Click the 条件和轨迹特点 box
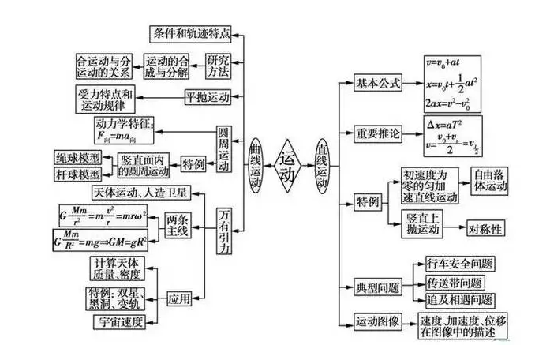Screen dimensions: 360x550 192,33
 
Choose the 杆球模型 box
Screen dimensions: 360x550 78,173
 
